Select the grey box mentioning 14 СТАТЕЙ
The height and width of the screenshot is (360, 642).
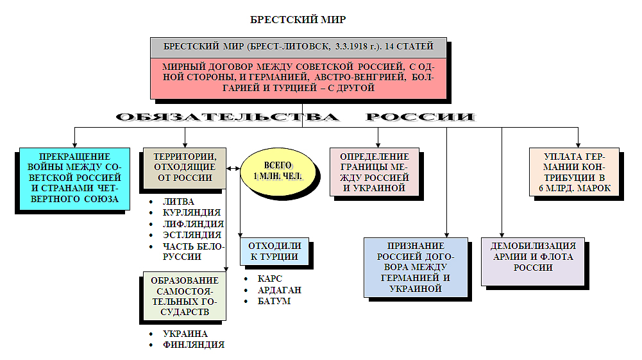[298, 47]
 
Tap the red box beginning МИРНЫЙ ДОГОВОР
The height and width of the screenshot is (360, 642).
[298, 77]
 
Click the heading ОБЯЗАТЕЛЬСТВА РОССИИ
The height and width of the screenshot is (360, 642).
[296, 117]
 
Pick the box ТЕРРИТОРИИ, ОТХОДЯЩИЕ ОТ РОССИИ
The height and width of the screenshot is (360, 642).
[185, 167]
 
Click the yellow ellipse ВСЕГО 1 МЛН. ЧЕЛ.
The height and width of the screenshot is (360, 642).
[278, 171]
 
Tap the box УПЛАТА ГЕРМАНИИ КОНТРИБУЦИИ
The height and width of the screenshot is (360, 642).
[574, 172]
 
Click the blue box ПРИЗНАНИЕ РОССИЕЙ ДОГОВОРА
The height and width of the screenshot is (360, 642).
[415, 267]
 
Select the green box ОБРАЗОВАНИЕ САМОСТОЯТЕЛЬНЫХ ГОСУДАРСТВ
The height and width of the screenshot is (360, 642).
[184, 296]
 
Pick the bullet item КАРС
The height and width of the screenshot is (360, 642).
[269, 279]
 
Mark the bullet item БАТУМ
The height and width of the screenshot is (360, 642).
[274, 301]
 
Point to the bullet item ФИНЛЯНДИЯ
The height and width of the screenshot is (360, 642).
[194, 345]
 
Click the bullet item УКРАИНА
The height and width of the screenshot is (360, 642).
[185, 334]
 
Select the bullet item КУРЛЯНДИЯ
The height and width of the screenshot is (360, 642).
[192, 212]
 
